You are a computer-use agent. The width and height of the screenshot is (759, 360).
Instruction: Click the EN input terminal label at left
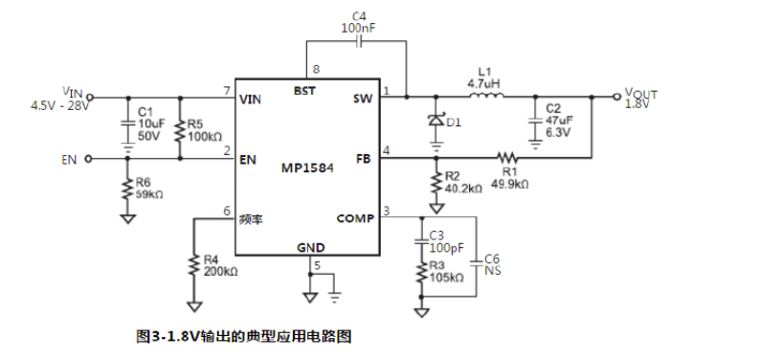(x=68, y=159)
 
